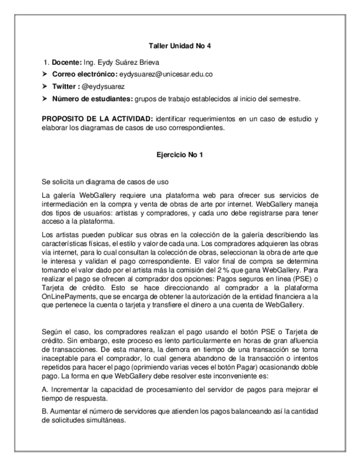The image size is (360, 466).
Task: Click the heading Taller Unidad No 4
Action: [180, 45]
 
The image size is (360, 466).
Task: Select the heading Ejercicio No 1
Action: [180, 155]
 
